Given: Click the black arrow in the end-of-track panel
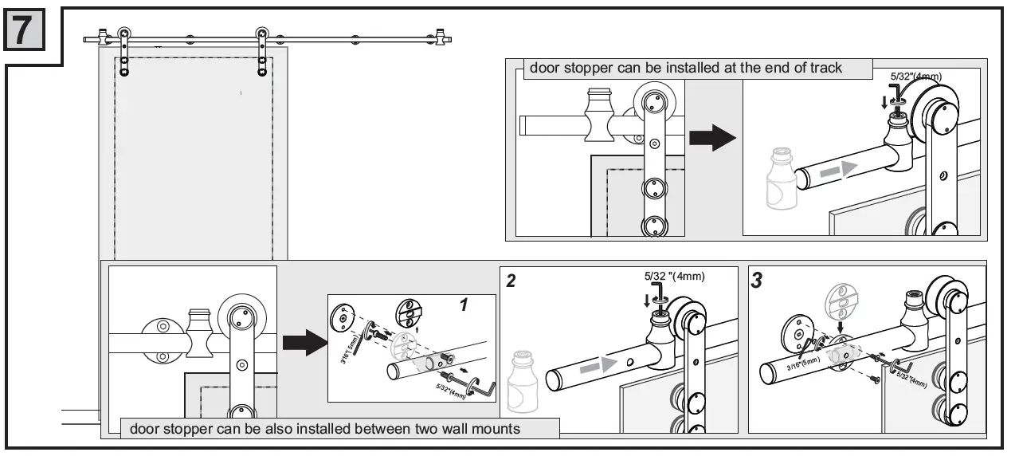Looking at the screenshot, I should coord(711,138).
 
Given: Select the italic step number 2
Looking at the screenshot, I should coord(511,280).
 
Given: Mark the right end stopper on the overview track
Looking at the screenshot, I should coord(440,37).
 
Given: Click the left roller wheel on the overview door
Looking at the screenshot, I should coord(124,36).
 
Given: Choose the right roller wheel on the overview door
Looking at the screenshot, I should coord(261,36).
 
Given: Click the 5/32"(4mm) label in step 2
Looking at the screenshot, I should coord(673,277).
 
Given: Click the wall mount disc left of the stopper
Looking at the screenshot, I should coord(163,341).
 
